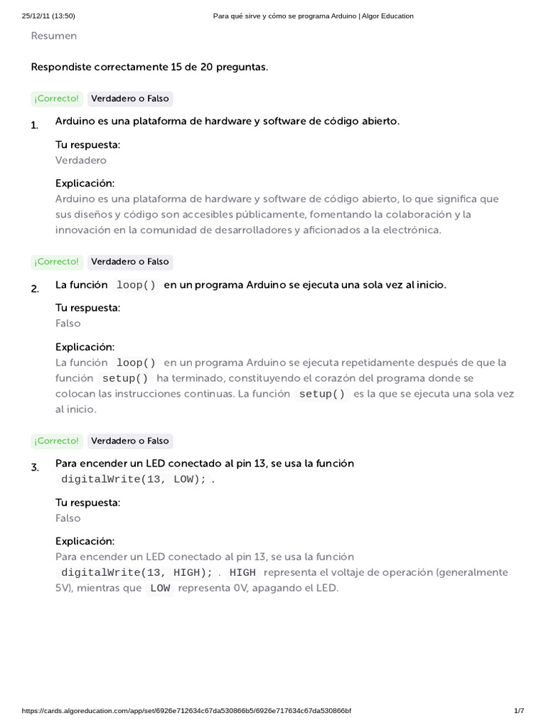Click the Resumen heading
coord(54,36)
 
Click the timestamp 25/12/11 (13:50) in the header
coord(48,16)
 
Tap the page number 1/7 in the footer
coord(518,711)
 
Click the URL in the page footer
coord(186,711)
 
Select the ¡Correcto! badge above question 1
coord(57,99)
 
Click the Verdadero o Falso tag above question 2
coord(130,262)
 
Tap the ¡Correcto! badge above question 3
coord(57,441)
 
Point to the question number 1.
coord(35,125)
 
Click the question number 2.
coord(35,289)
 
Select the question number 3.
coord(35,467)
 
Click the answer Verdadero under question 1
coord(81,160)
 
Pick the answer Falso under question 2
coord(68,323)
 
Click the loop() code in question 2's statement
coord(136,285)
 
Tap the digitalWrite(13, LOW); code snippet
coord(134,479)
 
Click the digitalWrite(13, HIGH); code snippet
coord(136,573)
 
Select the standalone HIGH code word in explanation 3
coord(242,573)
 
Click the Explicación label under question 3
coord(85,541)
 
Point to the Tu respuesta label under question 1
coord(88,144)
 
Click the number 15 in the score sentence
coord(177,68)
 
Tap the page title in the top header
coord(314,16)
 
